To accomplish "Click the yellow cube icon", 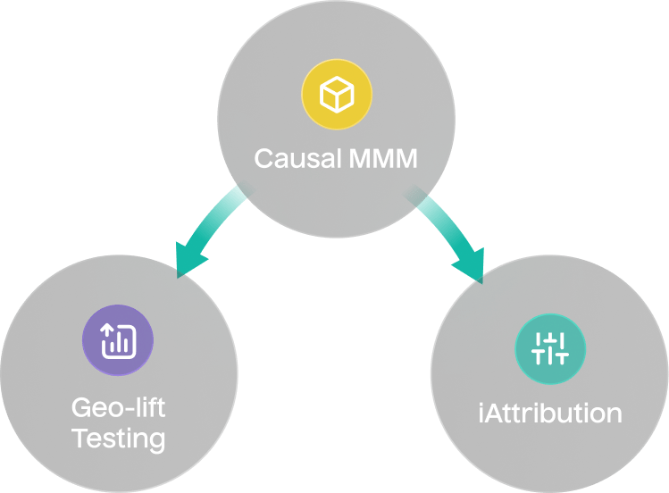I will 337,94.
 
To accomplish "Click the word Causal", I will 296,159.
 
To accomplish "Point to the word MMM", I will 381,159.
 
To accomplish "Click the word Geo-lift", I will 118,409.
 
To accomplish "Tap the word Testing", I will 118,439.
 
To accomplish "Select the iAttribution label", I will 550,414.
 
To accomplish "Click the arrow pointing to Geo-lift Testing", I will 210,228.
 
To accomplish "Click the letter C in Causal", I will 263,159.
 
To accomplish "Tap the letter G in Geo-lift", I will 81,409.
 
